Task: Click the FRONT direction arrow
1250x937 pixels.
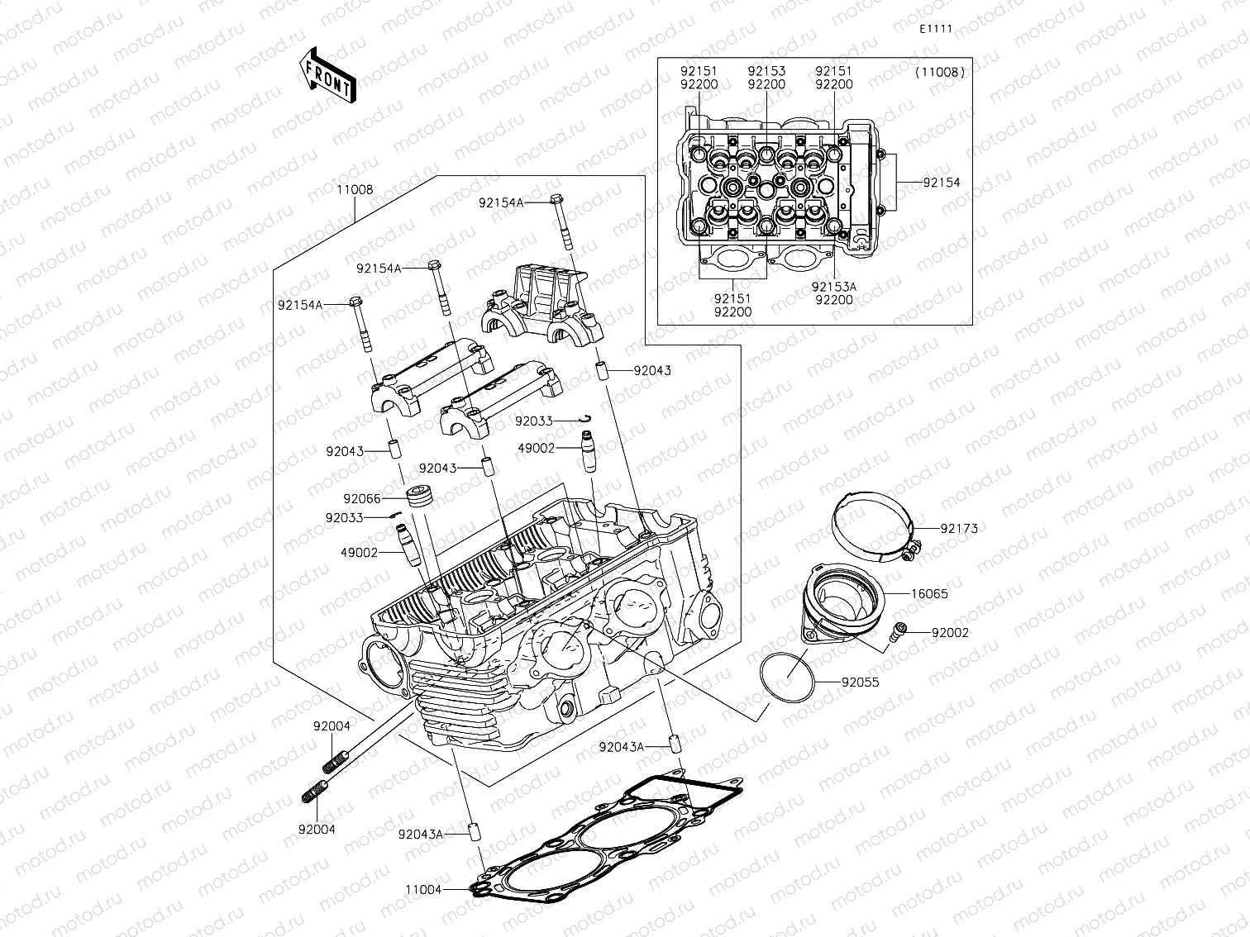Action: pyautogui.click(x=328, y=74)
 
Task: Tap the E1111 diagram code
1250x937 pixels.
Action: pyautogui.click(x=936, y=29)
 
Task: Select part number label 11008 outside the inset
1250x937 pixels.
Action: pyautogui.click(x=354, y=189)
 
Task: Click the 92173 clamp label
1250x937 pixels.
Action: pyautogui.click(x=958, y=528)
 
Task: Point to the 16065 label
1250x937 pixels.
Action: pyautogui.click(x=929, y=594)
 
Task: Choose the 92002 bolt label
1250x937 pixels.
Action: pyautogui.click(x=950, y=633)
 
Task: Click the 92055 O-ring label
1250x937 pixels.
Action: pyautogui.click(x=860, y=683)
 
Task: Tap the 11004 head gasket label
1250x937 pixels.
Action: pyautogui.click(x=424, y=890)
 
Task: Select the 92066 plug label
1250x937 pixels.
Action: pyautogui.click(x=362, y=499)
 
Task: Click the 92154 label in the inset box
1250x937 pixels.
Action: pyautogui.click(x=941, y=183)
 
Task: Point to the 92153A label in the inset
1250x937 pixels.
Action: pyautogui.click(x=833, y=287)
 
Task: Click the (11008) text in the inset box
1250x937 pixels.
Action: pyautogui.click(x=940, y=73)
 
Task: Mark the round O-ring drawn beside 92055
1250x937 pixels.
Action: pyautogui.click(x=788, y=678)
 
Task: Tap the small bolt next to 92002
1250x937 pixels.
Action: pyautogui.click(x=896, y=633)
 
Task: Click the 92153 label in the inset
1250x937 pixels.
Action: pyautogui.click(x=766, y=72)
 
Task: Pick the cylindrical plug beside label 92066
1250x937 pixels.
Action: pyautogui.click(x=420, y=498)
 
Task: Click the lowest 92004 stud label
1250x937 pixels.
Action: pyautogui.click(x=317, y=830)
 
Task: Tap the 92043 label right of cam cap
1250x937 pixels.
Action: pyautogui.click(x=652, y=371)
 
